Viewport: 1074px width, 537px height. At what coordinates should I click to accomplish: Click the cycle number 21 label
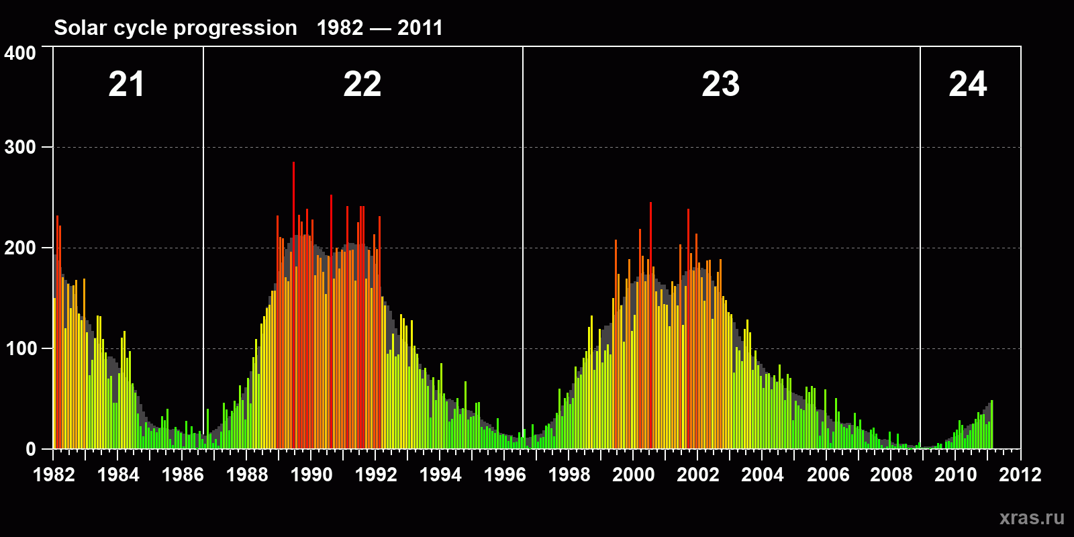click(x=126, y=85)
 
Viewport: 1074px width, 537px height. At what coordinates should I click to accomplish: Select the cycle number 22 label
click(x=362, y=85)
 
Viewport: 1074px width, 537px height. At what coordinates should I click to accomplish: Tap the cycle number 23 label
click(x=720, y=85)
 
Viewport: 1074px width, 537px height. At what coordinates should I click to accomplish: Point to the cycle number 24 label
click(x=967, y=85)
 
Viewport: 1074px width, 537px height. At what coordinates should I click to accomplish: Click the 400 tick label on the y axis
click(x=20, y=53)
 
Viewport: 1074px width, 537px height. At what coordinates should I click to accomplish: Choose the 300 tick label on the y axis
click(x=20, y=148)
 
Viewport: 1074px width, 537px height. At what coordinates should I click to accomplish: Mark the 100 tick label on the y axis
click(x=20, y=349)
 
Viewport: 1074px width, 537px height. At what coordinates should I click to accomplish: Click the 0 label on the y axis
click(x=31, y=449)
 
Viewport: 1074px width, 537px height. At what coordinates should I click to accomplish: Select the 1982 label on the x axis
click(x=54, y=475)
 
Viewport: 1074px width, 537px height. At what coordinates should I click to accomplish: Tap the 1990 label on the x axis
click(x=311, y=475)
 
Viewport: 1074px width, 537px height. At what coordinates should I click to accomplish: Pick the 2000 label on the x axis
click(x=634, y=475)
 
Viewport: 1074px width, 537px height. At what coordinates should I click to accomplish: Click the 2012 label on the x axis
click(x=1020, y=475)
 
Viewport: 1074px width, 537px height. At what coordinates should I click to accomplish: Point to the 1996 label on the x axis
click(x=505, y=475)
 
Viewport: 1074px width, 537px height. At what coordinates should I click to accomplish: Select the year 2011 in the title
click(x=420, y=28)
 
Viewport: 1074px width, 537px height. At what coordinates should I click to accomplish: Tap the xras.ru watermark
click(x=1032, y=518)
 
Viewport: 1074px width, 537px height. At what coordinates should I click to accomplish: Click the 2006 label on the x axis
click(x=828, y=475)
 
